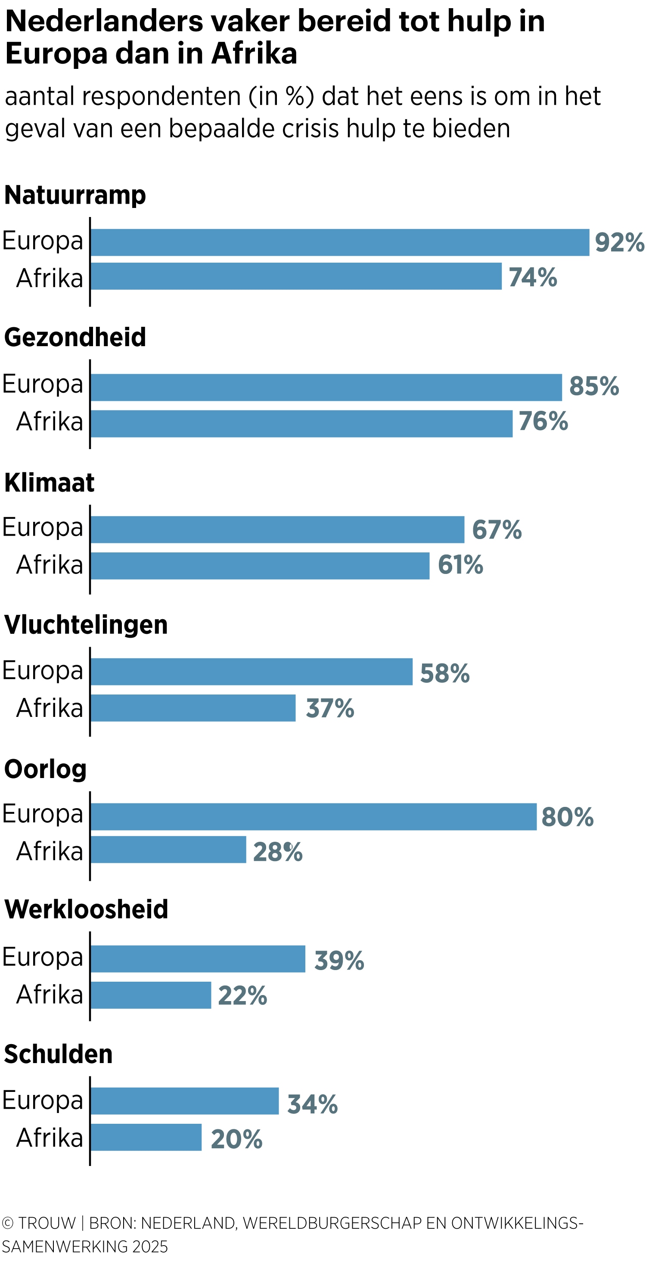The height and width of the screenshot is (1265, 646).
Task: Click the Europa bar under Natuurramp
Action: [339, 242]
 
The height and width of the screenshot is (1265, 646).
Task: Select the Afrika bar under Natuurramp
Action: [296, 276]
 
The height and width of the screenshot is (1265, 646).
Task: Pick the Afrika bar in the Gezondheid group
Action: [301, 423]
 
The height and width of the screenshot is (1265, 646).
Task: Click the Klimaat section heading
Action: [49, 482]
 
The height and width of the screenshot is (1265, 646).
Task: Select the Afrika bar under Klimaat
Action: [260, 566]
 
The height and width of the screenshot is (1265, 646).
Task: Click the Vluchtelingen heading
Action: [86, 625]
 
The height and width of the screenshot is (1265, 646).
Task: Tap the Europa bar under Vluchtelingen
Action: [251, 671]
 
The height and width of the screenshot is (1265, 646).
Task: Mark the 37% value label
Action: [329, 708]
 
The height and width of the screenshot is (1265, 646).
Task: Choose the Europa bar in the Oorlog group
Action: [313, 816]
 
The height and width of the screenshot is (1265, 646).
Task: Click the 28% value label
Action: [277, 852]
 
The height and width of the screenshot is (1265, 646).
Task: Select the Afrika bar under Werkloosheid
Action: [151, 995]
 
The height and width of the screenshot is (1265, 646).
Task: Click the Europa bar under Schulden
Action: [184, 1101]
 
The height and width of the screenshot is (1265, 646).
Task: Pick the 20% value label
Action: [236, 1139]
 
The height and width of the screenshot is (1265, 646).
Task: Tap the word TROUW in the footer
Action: [47, 1222]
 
